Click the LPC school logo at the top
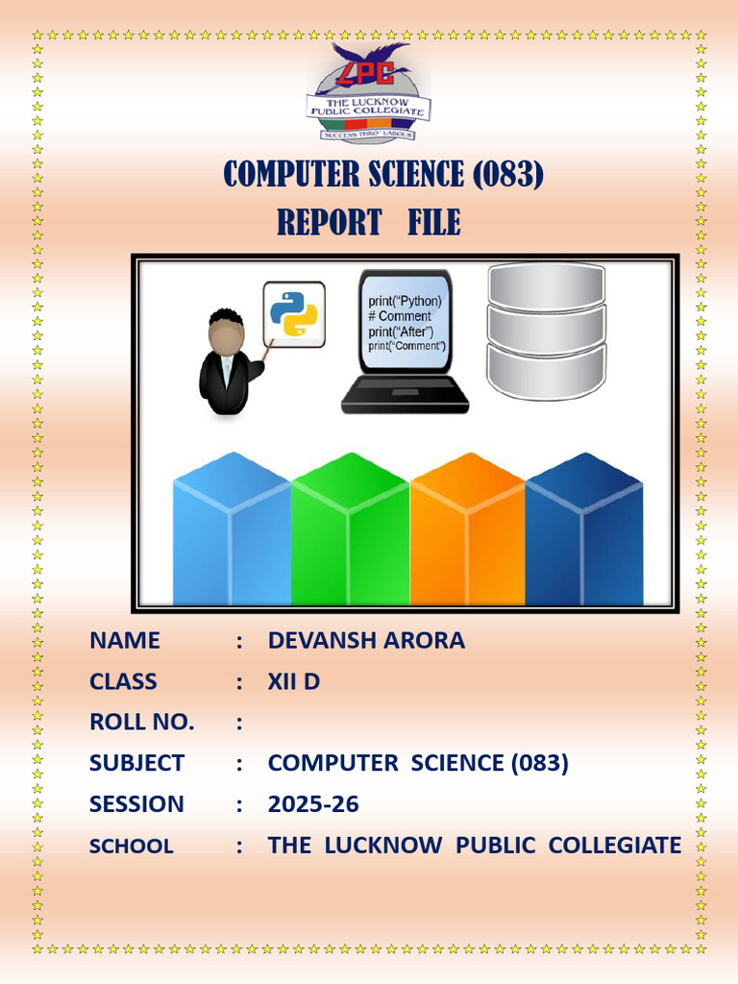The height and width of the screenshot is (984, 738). [369, 93]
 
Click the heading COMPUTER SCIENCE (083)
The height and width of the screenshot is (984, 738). [383, 175]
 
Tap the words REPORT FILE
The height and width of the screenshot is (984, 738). [369, 223]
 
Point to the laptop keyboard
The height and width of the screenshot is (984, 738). [405, 393]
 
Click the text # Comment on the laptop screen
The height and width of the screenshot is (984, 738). [400, 316]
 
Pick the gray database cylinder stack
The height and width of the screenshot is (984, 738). [546, 331]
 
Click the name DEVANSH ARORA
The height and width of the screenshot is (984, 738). [366, 641]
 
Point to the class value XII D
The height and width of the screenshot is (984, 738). [293, 682]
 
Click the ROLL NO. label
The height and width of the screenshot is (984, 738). [141, 723]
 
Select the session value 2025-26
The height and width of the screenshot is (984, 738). [313, 804]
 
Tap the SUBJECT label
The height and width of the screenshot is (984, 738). [136, 763]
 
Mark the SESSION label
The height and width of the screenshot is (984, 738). [136, 804]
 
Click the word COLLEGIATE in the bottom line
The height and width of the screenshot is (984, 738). [614, 846]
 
